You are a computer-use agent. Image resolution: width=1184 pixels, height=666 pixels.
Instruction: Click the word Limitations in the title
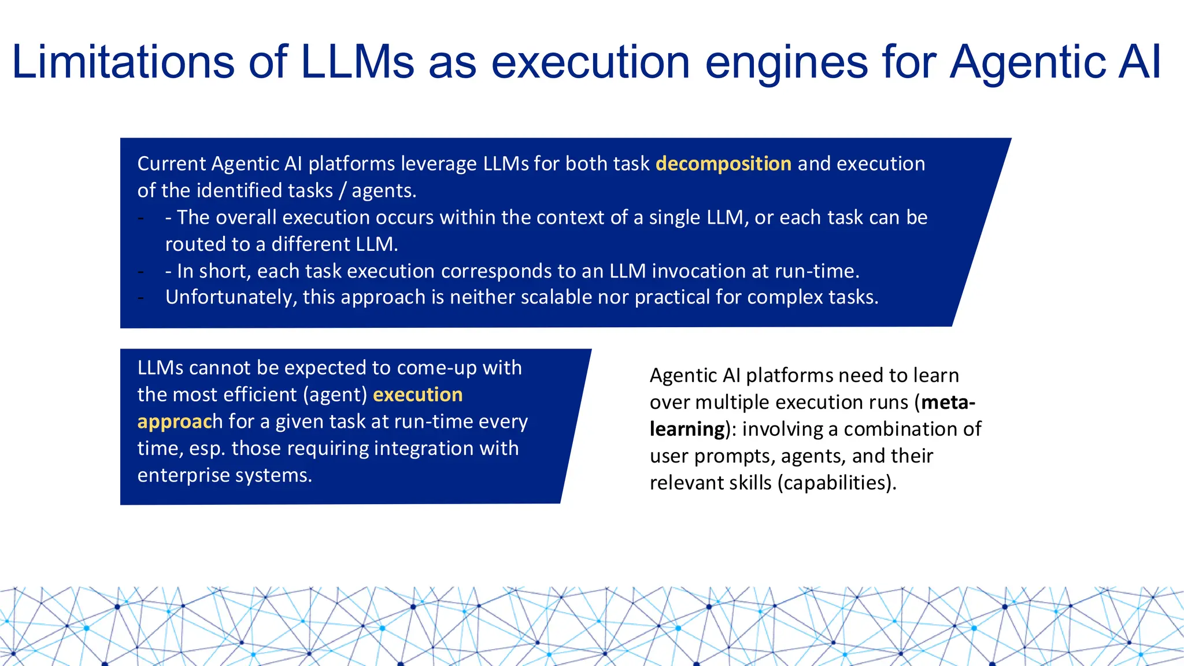click(x=123, y=62)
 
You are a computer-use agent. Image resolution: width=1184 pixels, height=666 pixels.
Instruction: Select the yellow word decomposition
click(x=723, y=164)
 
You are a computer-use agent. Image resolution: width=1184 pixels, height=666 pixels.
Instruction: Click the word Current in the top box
click(x=171, y=164)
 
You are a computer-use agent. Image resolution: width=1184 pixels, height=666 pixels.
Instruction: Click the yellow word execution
click(x=417, y=395)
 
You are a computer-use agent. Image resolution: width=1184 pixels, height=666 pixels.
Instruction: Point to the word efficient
click(x=261, y=395)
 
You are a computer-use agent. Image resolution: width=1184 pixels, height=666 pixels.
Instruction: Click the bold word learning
click(x=687, y=430)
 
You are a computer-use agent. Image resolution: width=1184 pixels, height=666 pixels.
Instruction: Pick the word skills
click(x=746, y=483)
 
